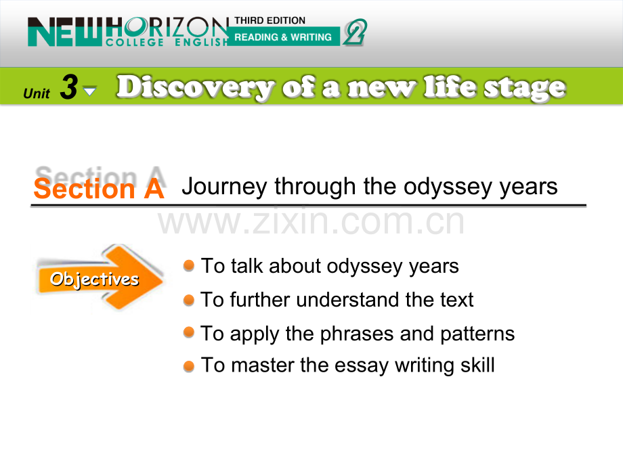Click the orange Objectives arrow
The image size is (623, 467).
pos(100,277)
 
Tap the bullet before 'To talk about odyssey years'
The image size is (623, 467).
pos(189,265)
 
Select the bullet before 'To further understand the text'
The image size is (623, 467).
pos(189,300)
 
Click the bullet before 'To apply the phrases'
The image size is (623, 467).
pos(189,332)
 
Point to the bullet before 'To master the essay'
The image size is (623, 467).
pos(189,366)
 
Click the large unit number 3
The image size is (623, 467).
pos(69,87)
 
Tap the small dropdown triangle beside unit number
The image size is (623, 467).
pos(90,91)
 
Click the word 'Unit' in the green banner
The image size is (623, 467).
pos(37,93)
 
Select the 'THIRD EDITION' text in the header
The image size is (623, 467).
pos(270,20)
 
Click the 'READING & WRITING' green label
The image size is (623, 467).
pos(283,37)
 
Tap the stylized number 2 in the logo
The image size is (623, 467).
pos(355,32)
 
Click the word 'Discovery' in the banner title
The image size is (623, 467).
pos(195,87)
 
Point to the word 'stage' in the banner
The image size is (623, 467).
pos(524,88)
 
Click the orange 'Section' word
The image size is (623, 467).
pos(84,189)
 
